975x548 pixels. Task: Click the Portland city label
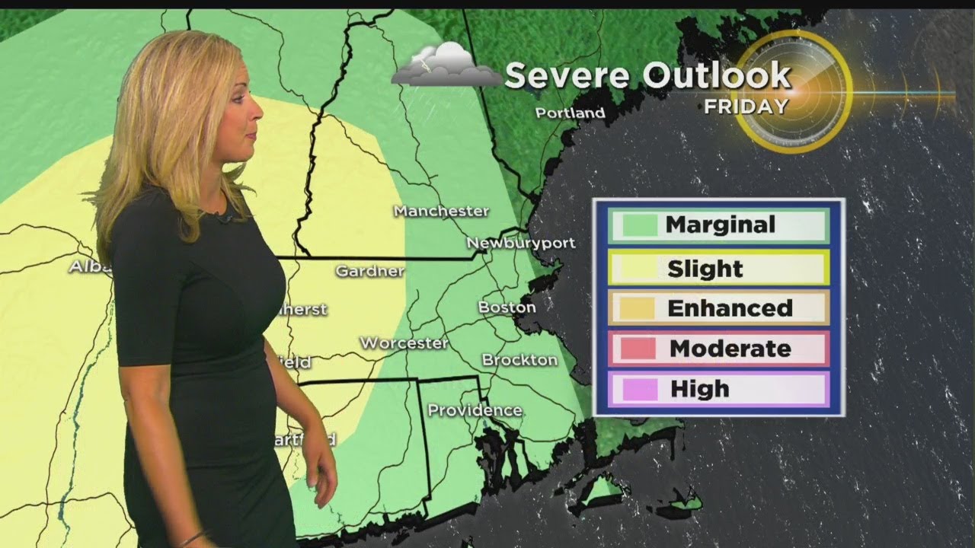(570, 113)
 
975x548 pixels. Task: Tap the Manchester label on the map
(441, 211)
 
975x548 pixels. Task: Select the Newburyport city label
(520, 243)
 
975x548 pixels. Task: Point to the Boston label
(507, 307)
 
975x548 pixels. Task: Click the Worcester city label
(404, 343)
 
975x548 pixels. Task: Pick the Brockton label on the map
(519, 359)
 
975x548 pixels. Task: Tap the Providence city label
(475, 410)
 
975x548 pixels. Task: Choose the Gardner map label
(369, 270)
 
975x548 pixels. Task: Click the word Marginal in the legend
(720, 225)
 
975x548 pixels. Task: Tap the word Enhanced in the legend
(730, 308)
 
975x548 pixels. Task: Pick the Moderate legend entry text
(730, 349)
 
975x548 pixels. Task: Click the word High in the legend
(699, 389)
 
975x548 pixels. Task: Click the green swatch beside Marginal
(639, 225)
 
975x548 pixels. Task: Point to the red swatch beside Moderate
(639, 349)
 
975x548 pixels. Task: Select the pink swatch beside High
(639, 389)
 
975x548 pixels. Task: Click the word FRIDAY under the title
(746, 107)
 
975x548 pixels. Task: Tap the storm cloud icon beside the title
(446, 65)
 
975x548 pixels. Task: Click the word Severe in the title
(567, 75)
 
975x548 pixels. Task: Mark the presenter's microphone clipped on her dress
(225, 219)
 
